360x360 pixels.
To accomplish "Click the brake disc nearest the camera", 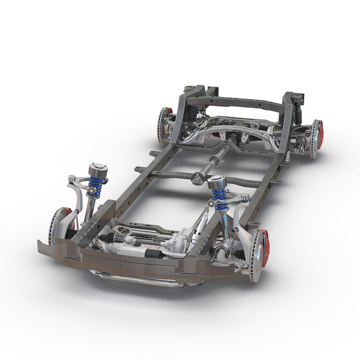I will (256, 256).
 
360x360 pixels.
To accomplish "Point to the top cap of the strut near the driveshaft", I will (216, 182).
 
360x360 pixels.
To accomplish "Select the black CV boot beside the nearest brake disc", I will (239, 255).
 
